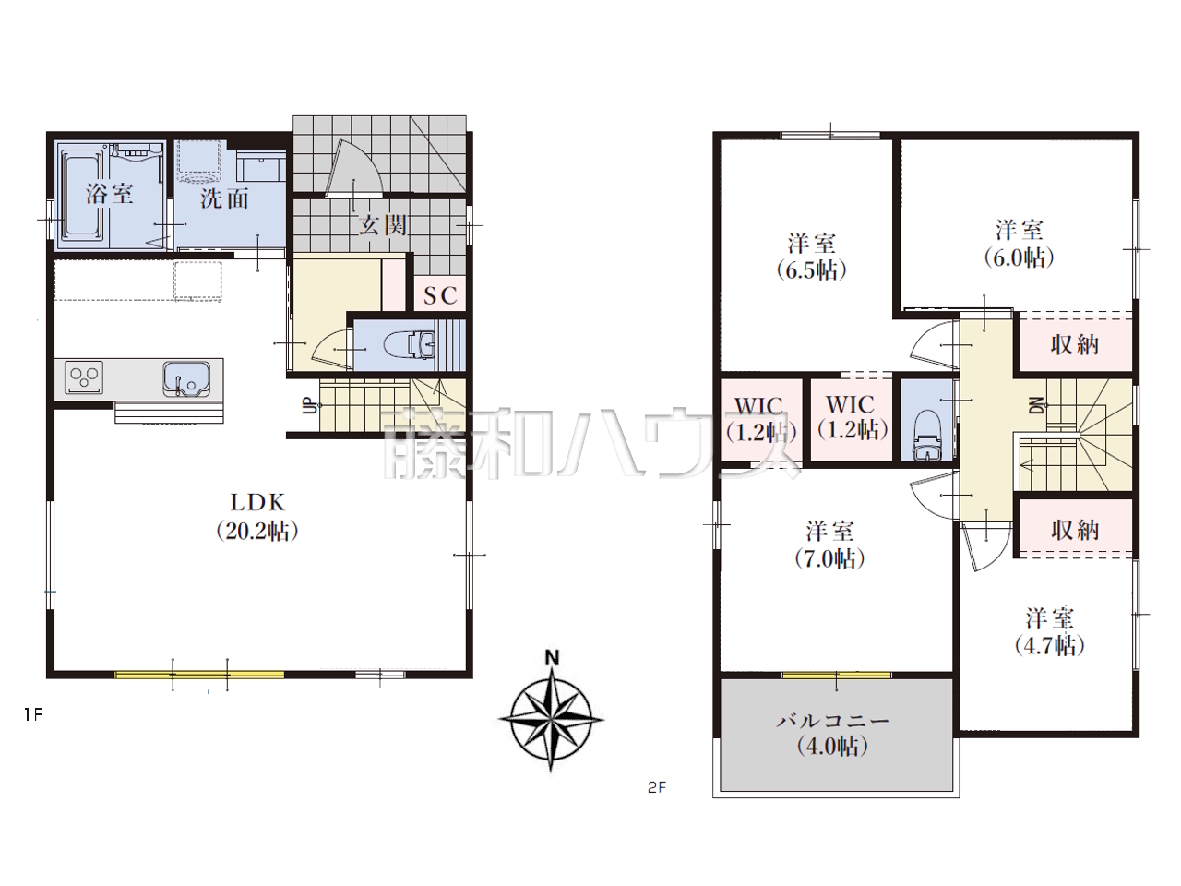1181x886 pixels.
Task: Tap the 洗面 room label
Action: click(224, 198)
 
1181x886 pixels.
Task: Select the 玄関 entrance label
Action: click(383, 225)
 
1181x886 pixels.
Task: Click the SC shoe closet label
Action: click(440, 295)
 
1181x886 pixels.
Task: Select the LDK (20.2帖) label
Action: click(257, 517)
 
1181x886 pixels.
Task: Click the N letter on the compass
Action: click(552, 658)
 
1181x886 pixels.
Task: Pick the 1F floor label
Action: click(33, 715)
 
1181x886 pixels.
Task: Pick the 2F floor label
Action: click(657, 788)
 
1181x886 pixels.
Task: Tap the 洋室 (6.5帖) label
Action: click(811, 257)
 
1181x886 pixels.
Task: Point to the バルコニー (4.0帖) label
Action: click(832, 734)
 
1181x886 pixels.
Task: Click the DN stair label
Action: click(1037, 405)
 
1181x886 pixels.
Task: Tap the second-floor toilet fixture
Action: click(928, 436)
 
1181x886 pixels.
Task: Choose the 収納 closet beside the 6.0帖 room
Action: click(1075, 345)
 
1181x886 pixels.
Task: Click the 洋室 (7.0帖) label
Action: click(829, 545)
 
